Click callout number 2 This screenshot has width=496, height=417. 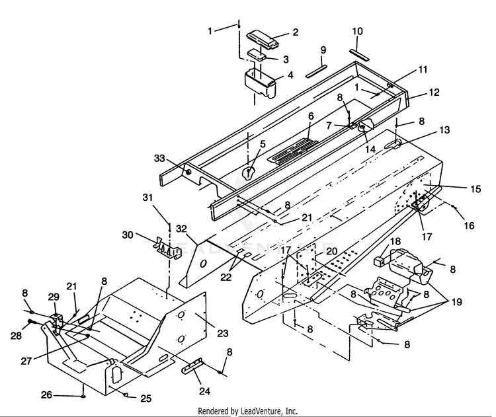tap(295, 31)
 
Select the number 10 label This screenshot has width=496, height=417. tap(357, 31)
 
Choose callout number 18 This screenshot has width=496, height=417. tap(395, 241)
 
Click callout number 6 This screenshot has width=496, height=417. tap(310, 116)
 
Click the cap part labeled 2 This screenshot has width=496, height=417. tap(263, 39)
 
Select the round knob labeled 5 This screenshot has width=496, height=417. tap(249, 173)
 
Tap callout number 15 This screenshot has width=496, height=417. tap(476, 189)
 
